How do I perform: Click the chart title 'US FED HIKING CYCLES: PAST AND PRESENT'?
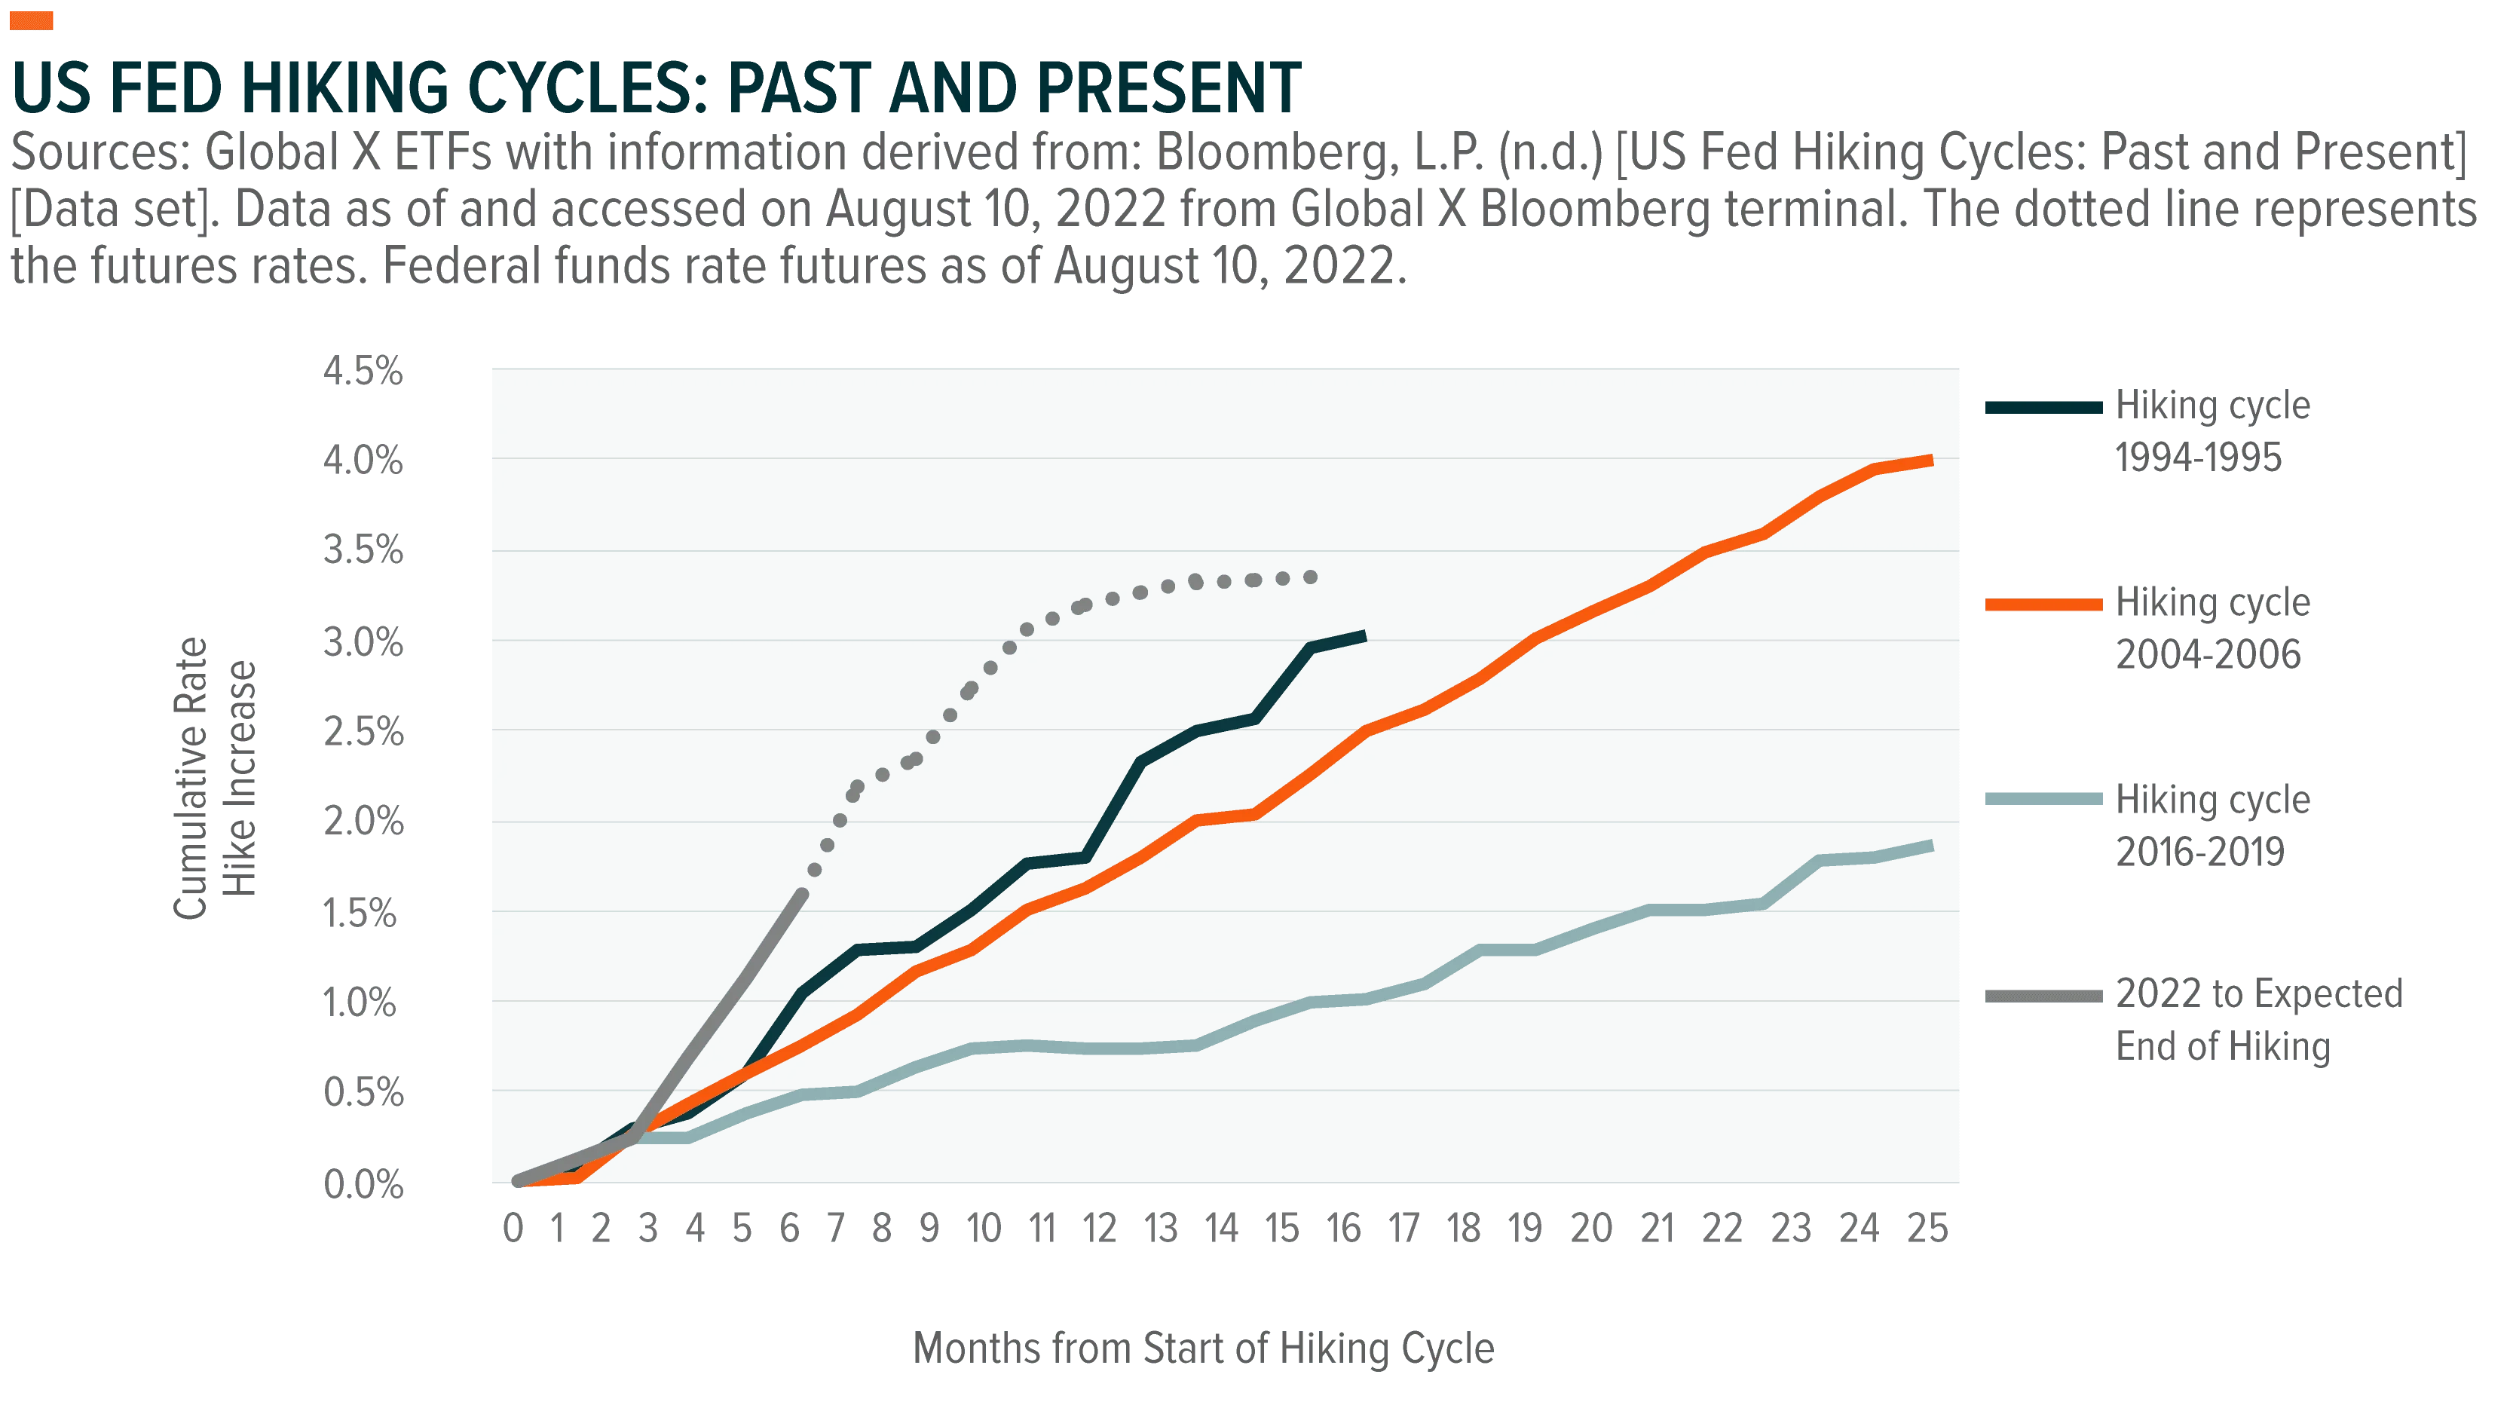(x=657, y=87)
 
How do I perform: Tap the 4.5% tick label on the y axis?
(x=363, y=372)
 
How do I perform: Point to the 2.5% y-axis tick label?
(x=363, y=732)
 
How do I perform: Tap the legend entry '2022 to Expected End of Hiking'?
(x=2195, y=1021)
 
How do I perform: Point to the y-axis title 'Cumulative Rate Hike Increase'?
(x=215, y=778)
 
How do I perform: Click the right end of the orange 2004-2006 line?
(x=1932, y=461)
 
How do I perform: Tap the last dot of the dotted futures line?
(x=1311, y=577)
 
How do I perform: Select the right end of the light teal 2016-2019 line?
(x=1932, y=846)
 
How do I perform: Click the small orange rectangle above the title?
(x=31, y=20)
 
